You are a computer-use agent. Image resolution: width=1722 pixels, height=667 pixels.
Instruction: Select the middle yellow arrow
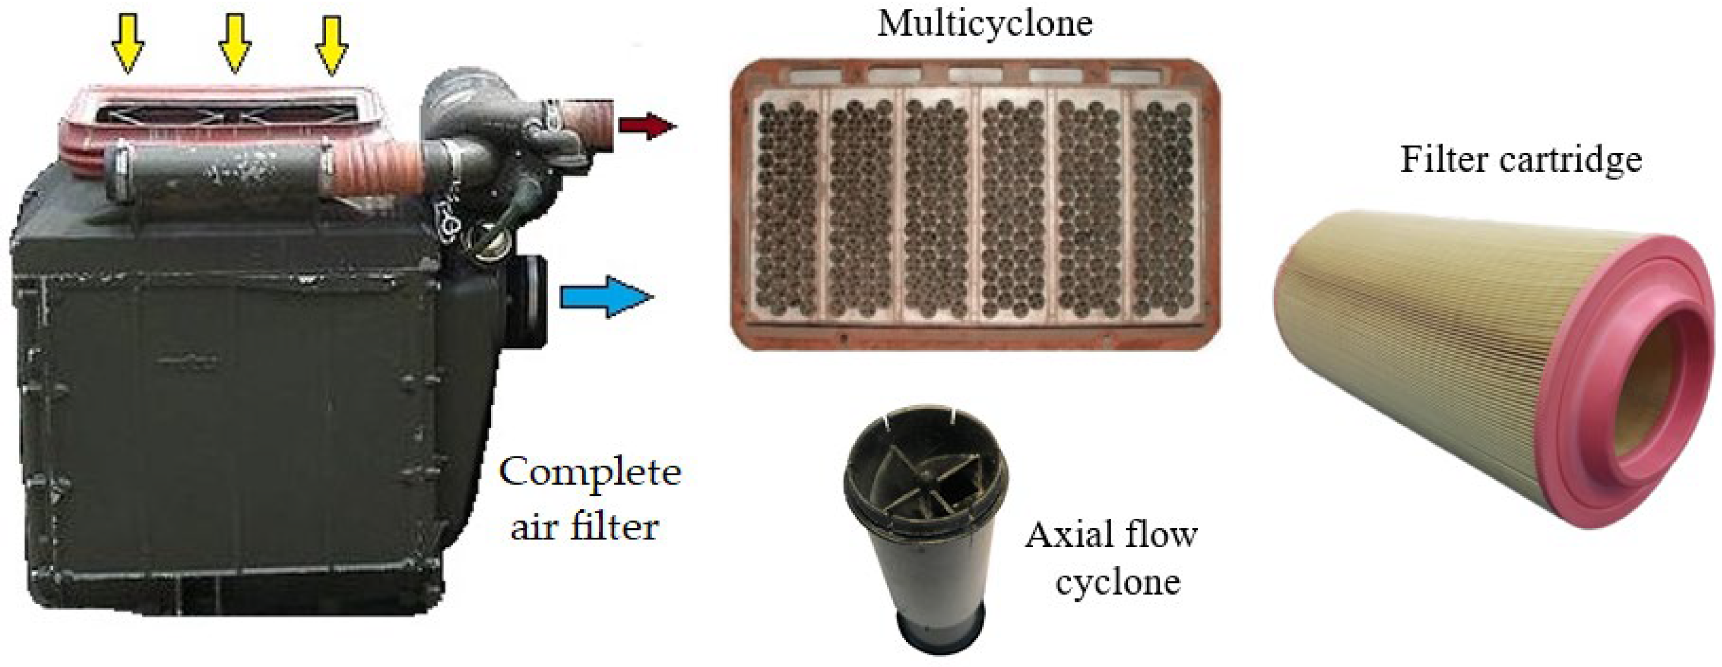234,44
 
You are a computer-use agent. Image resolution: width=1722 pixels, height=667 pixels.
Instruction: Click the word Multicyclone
985,23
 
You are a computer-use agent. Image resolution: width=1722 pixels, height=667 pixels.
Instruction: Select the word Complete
590,473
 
